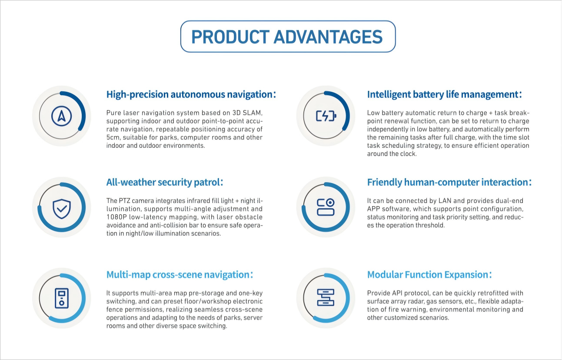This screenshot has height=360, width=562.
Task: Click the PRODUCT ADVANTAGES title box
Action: tap(288, 37)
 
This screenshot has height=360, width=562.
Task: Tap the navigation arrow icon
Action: tap(61, 116)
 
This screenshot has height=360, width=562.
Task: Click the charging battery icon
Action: tap(326, 116)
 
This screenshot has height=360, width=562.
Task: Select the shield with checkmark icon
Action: tap(61, 209)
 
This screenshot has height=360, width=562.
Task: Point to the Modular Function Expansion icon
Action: tap(326, 297)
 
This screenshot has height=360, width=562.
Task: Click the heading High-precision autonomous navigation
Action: tap(190, 95)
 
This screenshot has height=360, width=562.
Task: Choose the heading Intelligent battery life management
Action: tap(442, 95)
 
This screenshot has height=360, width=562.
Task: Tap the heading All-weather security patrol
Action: tap(163, 183)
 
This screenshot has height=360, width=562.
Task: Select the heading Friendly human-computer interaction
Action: tap(448, 183)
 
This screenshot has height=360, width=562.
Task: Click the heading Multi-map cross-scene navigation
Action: tap(178, 275)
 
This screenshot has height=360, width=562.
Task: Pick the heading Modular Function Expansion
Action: tap(428, 275)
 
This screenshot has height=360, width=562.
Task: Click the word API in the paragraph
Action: tap(398, 293)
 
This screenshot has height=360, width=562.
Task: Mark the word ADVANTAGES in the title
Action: tap(328, 37)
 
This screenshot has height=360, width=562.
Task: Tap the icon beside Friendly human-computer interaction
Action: tap(326, 207)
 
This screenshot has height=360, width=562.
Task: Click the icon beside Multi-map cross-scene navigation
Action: tap(61, 298)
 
